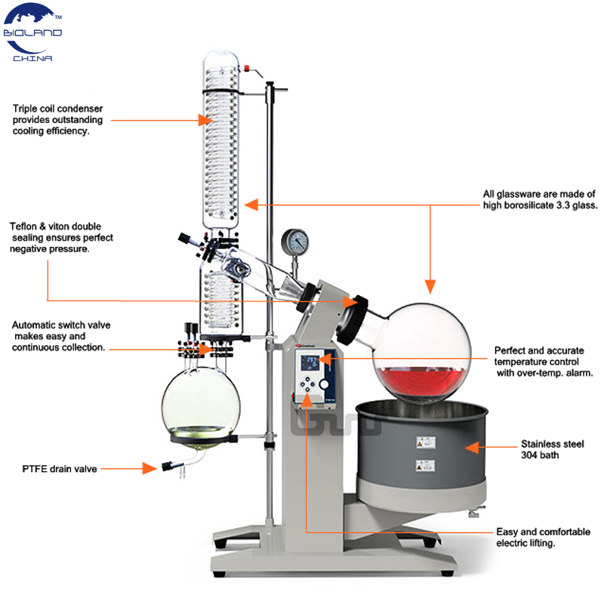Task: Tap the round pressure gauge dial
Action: pos(295,242)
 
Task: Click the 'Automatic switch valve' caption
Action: pos(61,336)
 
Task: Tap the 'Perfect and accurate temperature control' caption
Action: pos(543,362)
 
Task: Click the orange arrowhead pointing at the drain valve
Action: pos(149,469)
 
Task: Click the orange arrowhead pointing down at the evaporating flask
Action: pos(430,285)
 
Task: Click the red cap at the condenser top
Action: pos(246,68)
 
